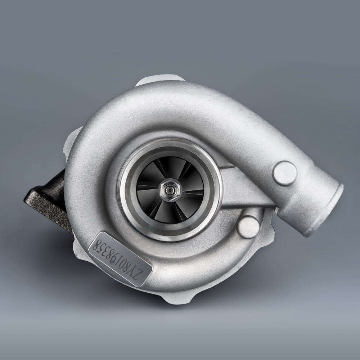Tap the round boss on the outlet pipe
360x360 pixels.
pos(284,173)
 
